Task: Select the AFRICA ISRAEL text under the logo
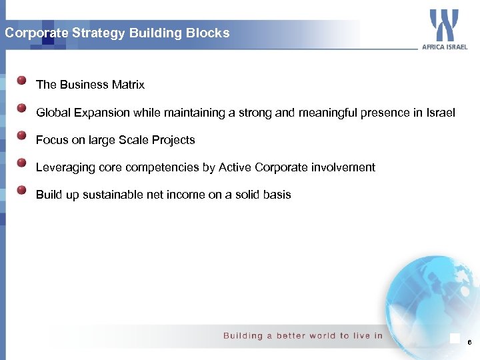click(x=445, y=47)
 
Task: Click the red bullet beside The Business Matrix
click(x=22, y=81)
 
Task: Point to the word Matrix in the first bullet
click(x=128, y=85)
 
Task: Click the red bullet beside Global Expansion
click(x=22, y=108)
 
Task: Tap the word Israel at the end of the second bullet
click(x=440, y=113)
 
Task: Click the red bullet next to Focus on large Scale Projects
click(x=22, y=136)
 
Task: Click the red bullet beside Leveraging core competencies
click(x=22, y=163)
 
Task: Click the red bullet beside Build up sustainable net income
click(x=22, y=191)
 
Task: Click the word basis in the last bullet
click(x=277, y=195)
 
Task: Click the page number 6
click(x=469, y=342)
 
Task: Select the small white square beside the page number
click(x=455, y=339)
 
